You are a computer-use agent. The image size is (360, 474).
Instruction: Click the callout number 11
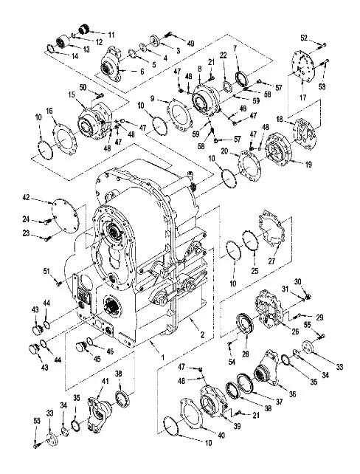click(111, 35)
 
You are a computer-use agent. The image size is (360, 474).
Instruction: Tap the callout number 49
click(190, 43)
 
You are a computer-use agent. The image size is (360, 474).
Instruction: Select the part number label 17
click(302, 97)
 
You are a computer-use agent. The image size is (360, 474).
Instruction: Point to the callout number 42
click(27, 198)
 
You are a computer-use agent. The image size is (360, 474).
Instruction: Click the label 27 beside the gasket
click(271, 261)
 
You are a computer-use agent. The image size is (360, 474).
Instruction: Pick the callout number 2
click(202, 334)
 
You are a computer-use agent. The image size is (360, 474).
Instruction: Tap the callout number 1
click(162, 357)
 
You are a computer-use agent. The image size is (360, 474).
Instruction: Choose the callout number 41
click(105, 382)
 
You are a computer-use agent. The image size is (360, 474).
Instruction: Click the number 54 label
click(232, 362)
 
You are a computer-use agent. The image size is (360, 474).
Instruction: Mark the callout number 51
click(46, 271)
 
